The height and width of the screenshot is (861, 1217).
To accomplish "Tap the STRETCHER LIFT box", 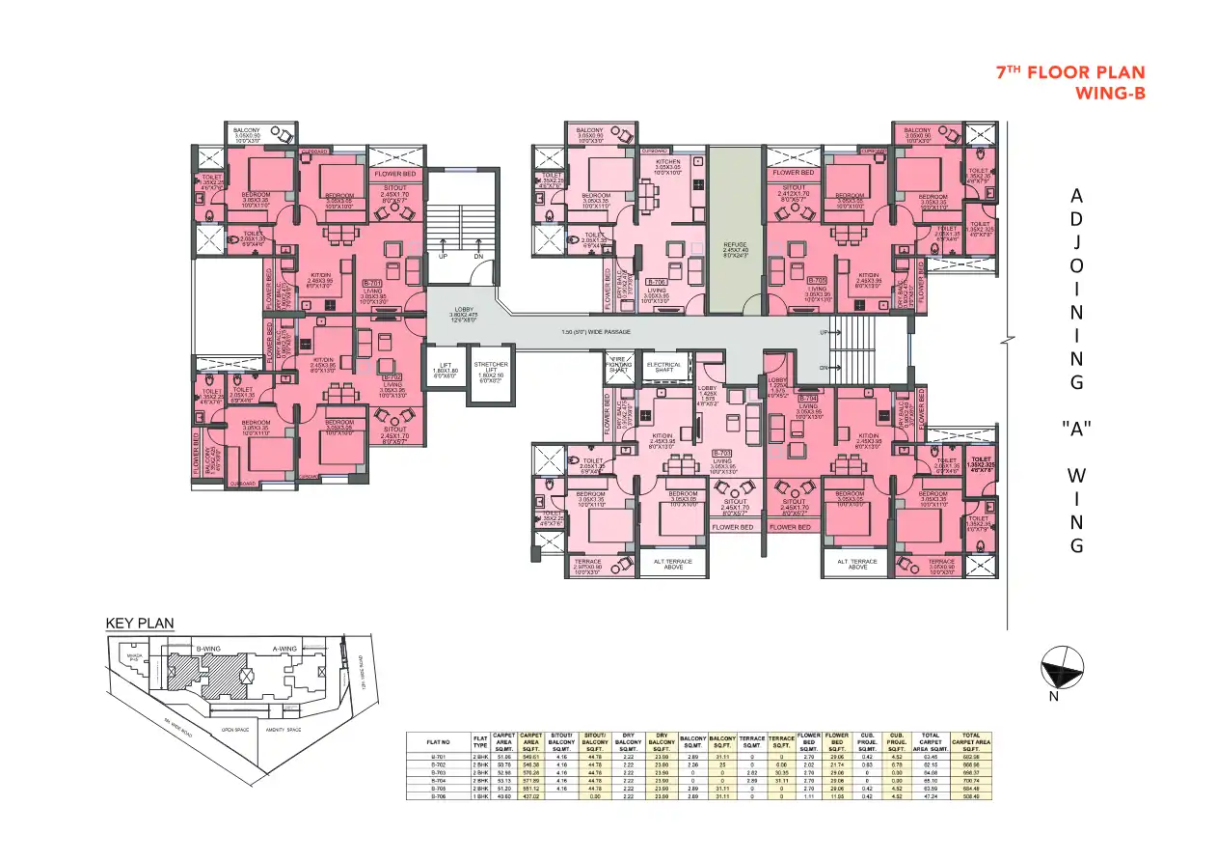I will [x=491, y=371].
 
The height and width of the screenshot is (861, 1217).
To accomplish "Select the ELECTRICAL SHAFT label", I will [x=663, y=367].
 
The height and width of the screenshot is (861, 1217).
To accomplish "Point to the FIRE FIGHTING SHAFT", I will [x=617, y=364].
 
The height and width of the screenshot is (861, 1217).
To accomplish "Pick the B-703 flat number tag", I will [x=722, y=453].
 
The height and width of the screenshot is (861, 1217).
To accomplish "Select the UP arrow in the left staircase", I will [x=443, y=258].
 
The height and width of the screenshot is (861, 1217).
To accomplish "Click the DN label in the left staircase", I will [x=479, y=258].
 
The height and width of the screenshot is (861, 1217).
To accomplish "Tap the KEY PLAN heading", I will [x=140, y=624].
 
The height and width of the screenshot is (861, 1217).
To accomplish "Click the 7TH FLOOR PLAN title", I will [x=1069, y=73].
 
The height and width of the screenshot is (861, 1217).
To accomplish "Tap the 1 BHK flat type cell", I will [x=480, y=796].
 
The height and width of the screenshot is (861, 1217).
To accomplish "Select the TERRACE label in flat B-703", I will [x=587, y=561].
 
